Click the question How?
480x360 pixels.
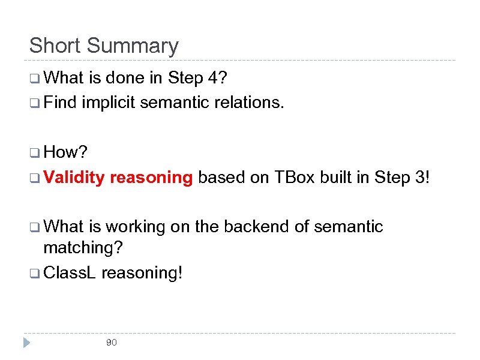coord(62,152)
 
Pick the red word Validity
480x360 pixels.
coord(74,177)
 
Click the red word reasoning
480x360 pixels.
coord(151,178)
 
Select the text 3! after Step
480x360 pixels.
coord(421,177)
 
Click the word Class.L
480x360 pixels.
coord(70,272)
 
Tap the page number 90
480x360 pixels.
coord(111,343)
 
